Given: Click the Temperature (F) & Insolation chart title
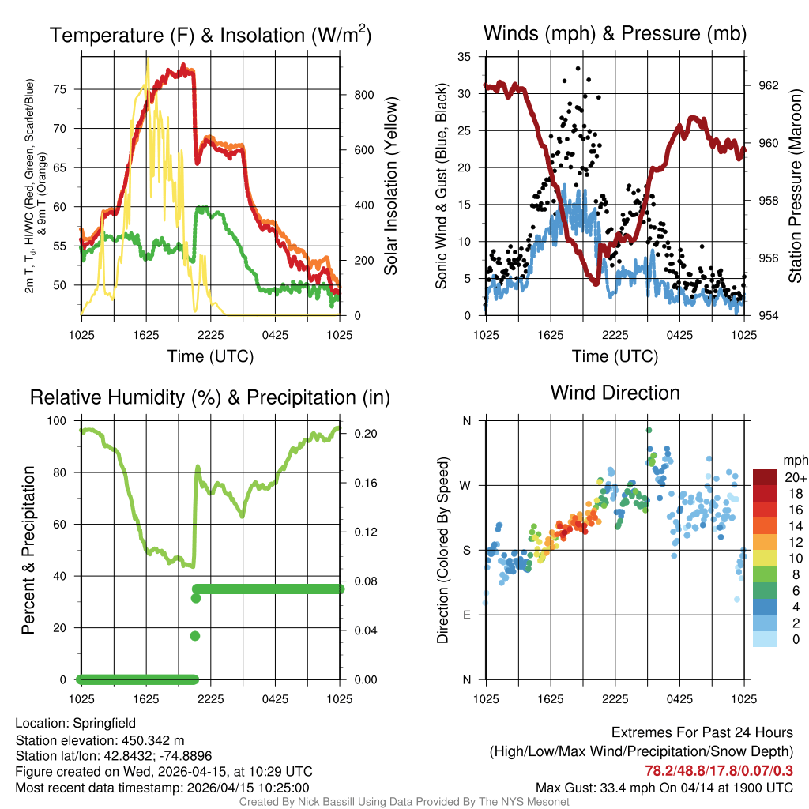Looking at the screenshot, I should (x=210, y=35).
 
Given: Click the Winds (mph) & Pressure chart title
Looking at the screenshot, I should (x=615, y=33).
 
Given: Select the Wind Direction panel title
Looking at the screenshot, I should (x=615, y=393).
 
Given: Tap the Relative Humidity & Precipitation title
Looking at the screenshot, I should (x=210, y=397).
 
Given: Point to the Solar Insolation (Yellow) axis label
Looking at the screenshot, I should (x=391, y=186).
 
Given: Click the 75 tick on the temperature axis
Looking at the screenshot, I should (x=70, y=89).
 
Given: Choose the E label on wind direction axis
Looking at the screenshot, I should (x=466, y=615).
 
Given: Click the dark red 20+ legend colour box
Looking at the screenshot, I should (x=766, y=477).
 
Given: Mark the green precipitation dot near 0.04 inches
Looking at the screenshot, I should (x=195, y=636).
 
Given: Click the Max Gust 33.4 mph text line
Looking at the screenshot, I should (x=664, y=787).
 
